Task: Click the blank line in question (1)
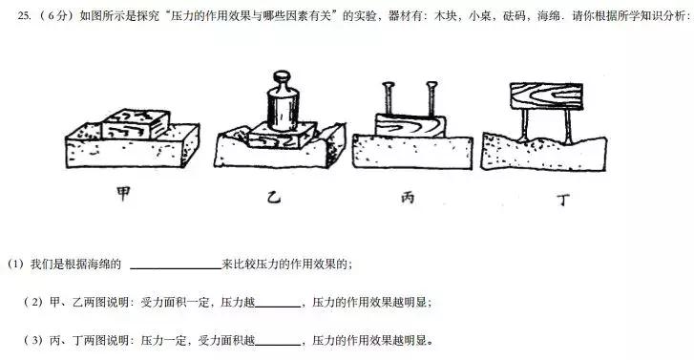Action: [175, 264]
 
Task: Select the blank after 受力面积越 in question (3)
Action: [278, 340]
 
